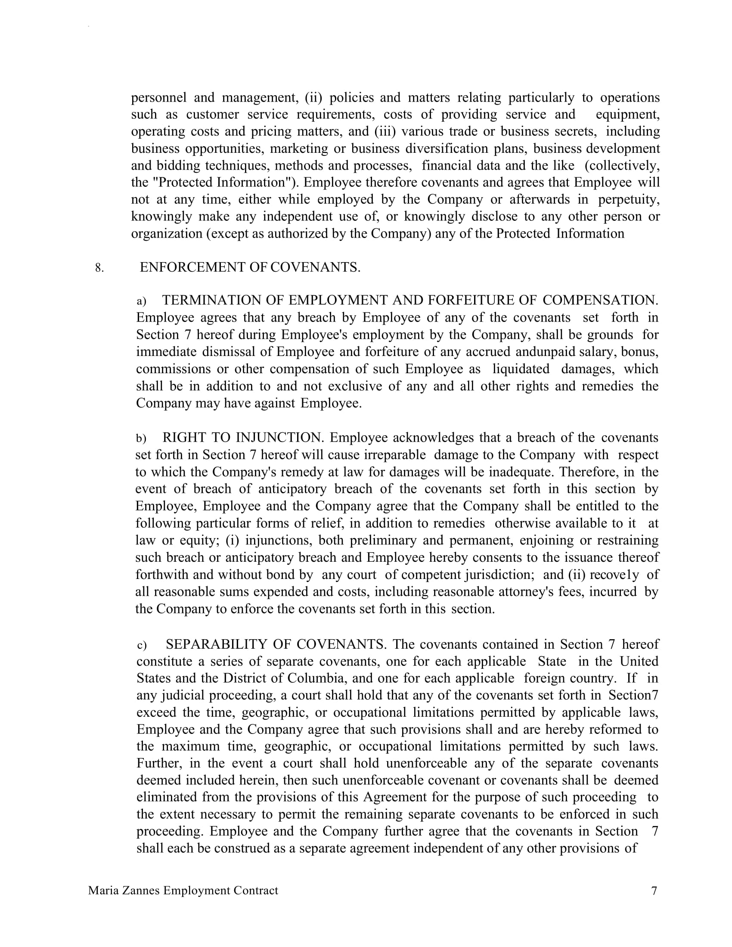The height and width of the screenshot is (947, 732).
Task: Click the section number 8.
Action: tap(99, 268)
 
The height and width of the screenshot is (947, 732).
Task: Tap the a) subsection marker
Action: tap(141, 301)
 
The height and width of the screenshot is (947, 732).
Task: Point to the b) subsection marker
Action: tap(141, 438)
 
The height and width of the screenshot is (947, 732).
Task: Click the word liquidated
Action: tap(521, 369)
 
